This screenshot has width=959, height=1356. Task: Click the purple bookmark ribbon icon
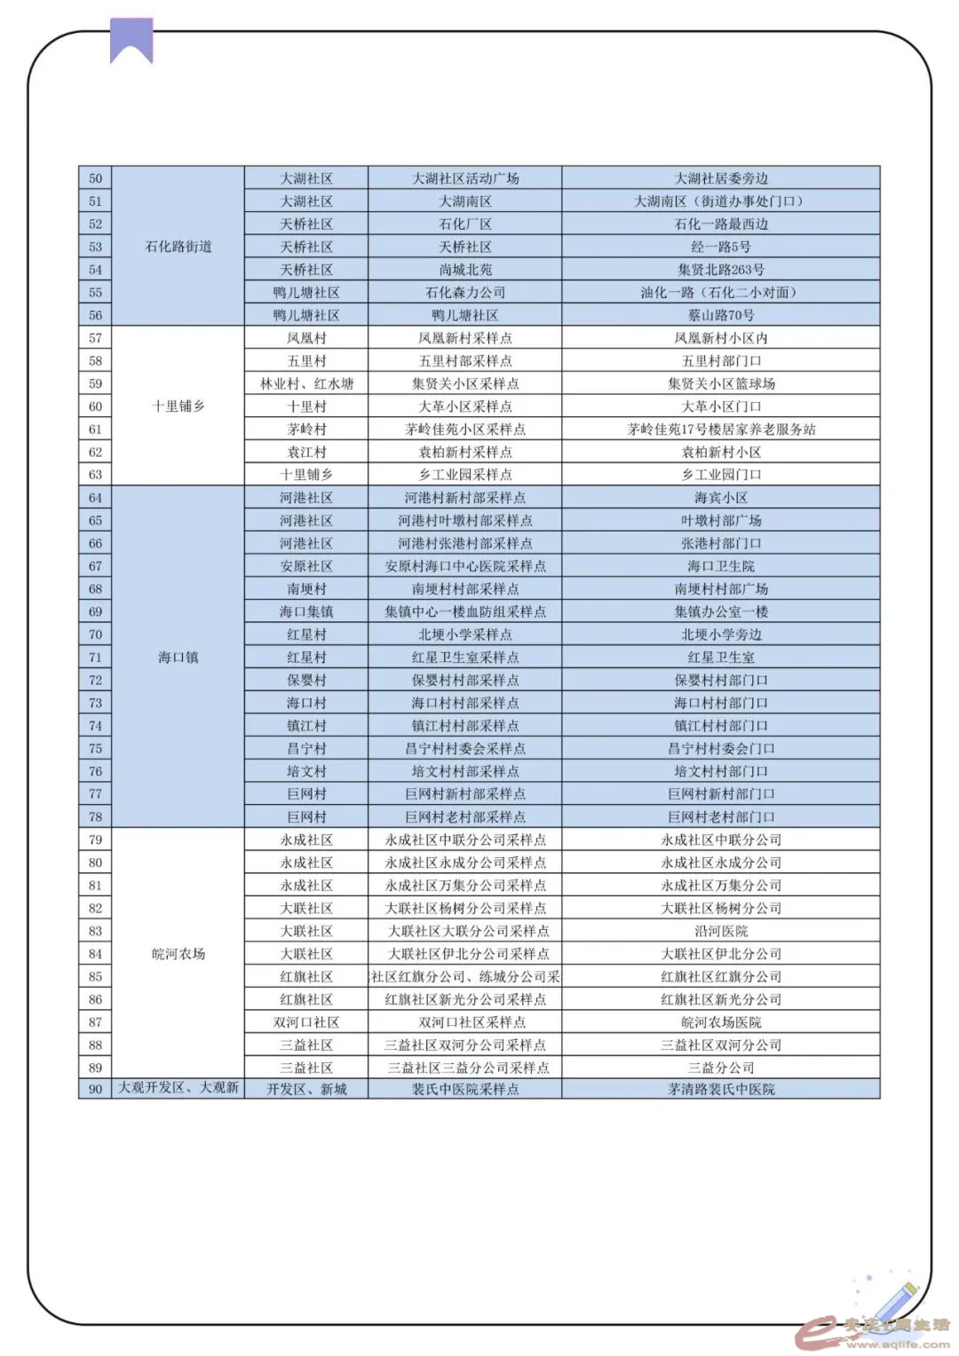(x=131, y=40)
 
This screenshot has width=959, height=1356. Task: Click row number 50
(x=96, y=178)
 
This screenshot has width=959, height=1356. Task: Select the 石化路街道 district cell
(x=178, y=247)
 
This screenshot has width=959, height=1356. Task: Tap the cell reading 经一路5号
(x=720, y=247)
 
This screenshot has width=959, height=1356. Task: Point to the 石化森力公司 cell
(x=464, y=292)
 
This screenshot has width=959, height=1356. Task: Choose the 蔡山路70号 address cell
(x=720, y=315)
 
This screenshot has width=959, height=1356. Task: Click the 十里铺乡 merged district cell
(x=178, y=406)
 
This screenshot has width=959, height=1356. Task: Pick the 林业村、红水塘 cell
(x=306, y=383)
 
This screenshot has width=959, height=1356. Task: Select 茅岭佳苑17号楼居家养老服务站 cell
(x=720, y=430)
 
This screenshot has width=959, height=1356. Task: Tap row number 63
(x=96, y=475)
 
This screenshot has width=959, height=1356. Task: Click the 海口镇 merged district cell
(x=178, y=658)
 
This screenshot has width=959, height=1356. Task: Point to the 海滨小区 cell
(x=720, y=498)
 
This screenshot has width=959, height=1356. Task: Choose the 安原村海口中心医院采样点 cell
(x=464, y=566)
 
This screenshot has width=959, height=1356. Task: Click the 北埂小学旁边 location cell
(x=720, y=635)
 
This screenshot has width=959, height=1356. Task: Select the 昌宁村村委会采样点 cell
(x=464, y=748)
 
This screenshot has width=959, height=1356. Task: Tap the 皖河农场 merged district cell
(x=178, y=954)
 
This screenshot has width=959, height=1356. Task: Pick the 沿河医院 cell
(x=720, y=931)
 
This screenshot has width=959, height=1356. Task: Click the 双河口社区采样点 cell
(x=464, y=1022)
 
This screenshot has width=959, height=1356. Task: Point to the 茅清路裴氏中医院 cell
(x=720, y=1089)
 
